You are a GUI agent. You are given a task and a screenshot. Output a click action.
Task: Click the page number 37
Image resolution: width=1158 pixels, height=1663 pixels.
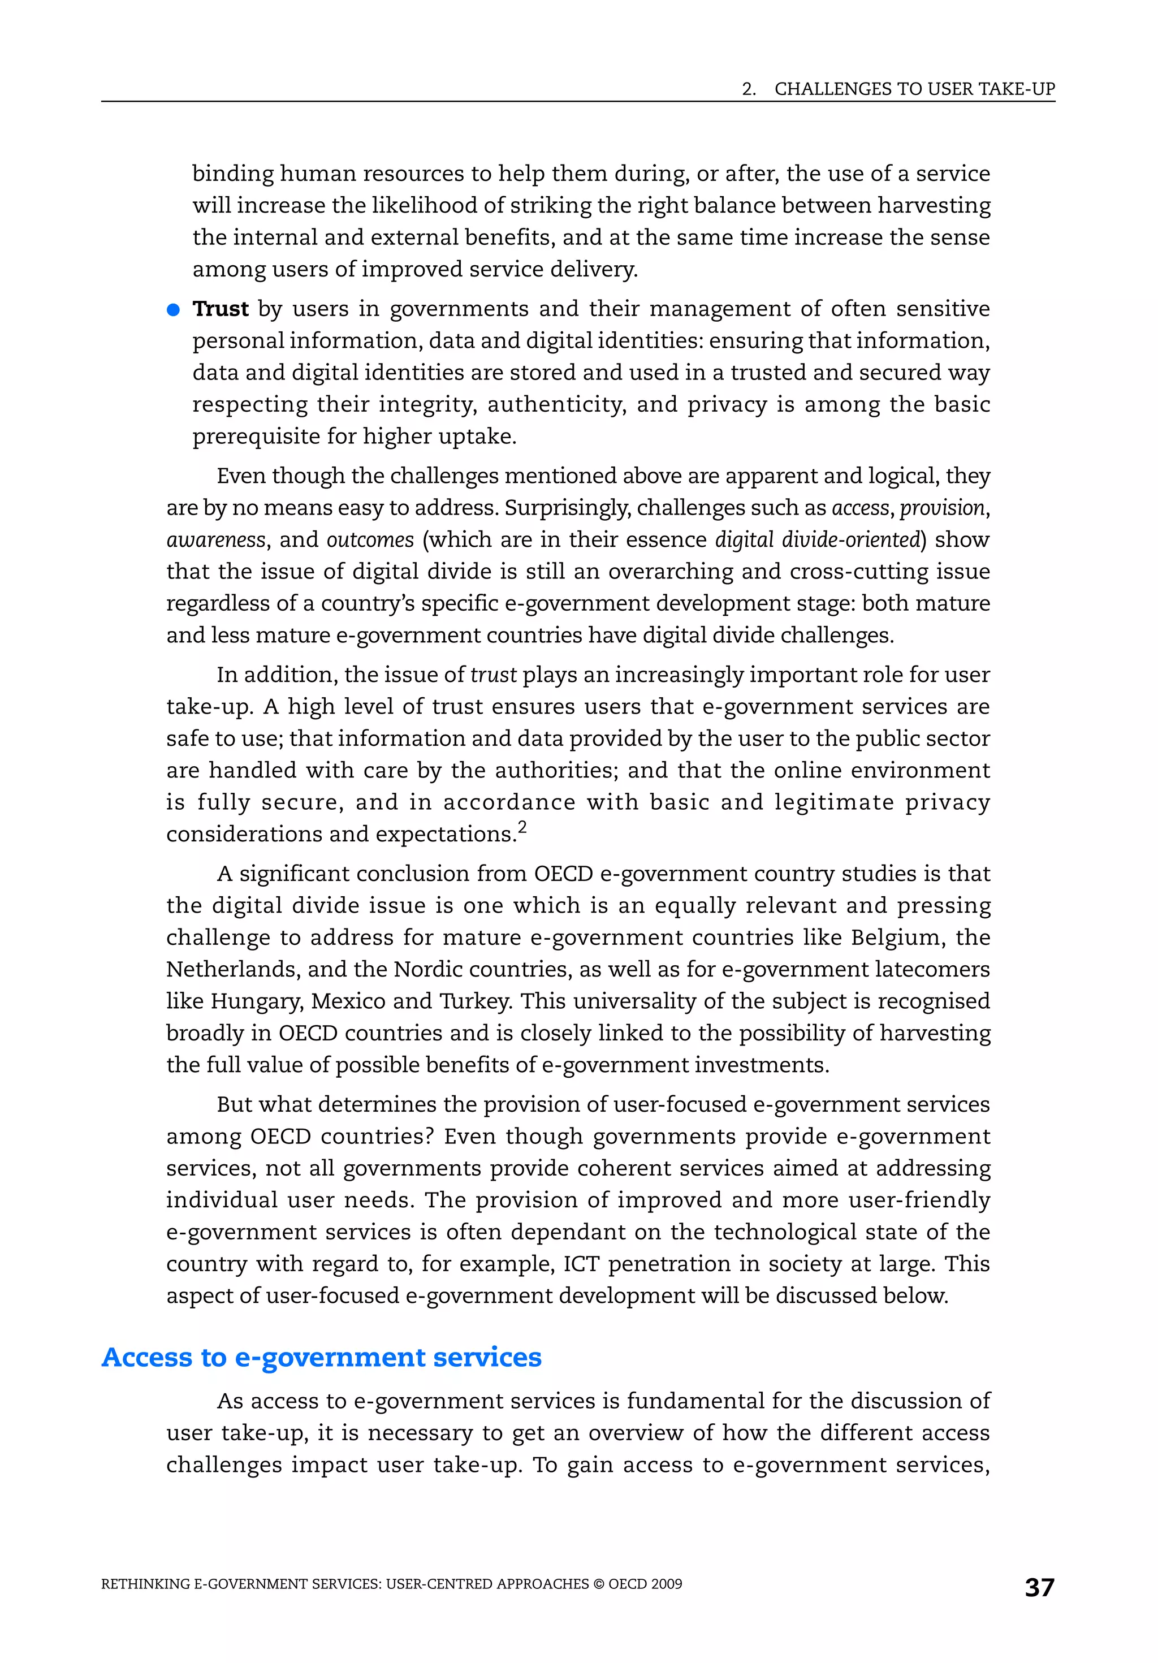click(1039, 1587)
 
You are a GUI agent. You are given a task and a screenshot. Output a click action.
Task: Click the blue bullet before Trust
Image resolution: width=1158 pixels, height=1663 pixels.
click(173, 310)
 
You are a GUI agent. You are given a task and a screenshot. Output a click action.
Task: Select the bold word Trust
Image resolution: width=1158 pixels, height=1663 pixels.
click(220, 309)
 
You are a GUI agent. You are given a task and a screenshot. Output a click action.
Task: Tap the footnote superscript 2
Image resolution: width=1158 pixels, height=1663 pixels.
click(522, 827)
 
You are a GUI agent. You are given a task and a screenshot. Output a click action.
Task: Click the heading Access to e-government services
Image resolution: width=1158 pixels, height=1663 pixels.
click(322, 1357)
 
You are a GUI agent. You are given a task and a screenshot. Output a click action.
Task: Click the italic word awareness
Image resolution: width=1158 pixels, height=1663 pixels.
click(216, 539)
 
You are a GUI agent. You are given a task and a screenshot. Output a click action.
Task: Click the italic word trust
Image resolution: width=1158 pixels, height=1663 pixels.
click(493, 675)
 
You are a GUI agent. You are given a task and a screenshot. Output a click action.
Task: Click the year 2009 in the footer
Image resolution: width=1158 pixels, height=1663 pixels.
click(666, 1584)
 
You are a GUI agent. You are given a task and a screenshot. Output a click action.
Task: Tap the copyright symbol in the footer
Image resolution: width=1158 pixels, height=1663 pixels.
click(598, 1584)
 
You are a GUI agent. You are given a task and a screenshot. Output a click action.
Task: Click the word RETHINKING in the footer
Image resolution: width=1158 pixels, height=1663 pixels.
click(145, 1584)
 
